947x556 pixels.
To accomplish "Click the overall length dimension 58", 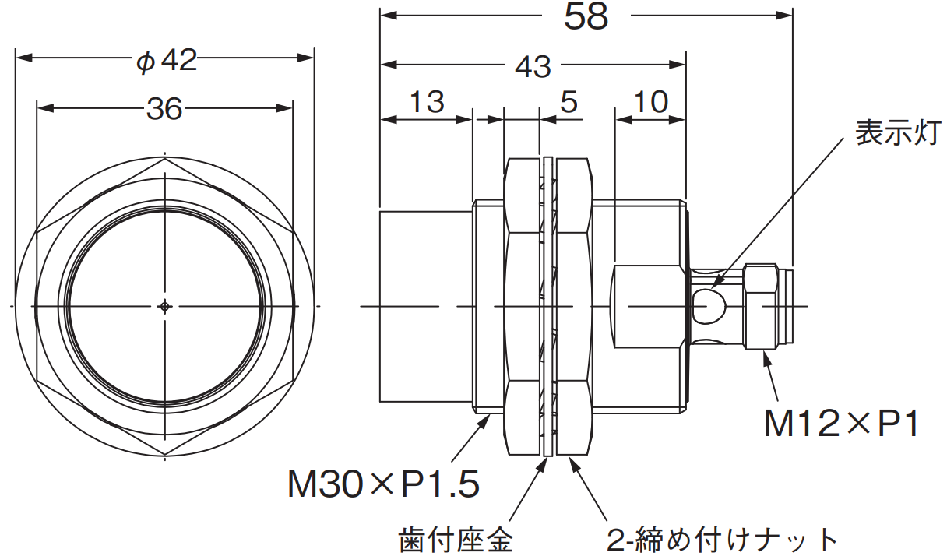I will point(586,16).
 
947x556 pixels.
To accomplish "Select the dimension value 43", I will point(533,67).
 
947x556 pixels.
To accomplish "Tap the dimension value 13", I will point(426,102).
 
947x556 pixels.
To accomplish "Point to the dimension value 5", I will point(569,102).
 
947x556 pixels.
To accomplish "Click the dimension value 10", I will point(650,102).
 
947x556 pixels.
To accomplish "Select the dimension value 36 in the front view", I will point(164,110).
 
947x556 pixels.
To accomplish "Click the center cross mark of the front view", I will point(164,306).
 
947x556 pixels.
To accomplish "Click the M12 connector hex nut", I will point(761,306).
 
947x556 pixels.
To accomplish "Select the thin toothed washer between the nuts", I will point(548,306).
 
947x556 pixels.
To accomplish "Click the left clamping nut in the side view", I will point(523,306).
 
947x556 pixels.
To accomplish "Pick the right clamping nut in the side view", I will point(574,306).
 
